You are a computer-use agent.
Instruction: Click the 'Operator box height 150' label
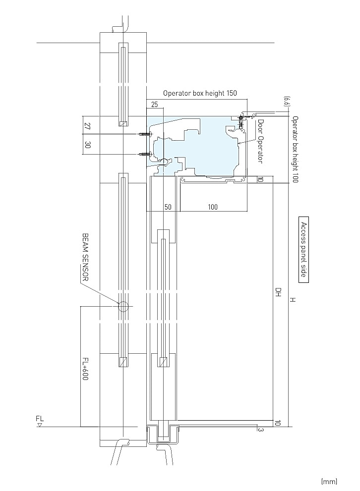click(x=200, y=93)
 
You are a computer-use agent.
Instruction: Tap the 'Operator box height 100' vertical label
click(x=295, y=149)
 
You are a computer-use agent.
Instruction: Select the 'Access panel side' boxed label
click(x=303, y=250)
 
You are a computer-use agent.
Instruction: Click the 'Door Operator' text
click(x=260, y=141)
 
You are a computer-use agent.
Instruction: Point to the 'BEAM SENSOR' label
click(x=85, y=257)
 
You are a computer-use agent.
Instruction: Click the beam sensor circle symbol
click(x=123, y=306)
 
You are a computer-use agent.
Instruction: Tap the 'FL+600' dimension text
click(x=85, y=369)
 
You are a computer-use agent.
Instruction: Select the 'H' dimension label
click(x=293, y=300)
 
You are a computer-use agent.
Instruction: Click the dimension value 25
click(x=155, y=105)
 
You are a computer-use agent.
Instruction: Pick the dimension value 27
click(x=88, y=126)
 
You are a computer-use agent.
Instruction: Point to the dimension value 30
click(x=88, y=145)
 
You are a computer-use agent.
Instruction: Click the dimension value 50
click(x=168, y=207)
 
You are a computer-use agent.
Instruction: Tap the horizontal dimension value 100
click(x=213, y=207)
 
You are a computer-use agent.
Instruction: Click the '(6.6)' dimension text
click(x=286, y=101)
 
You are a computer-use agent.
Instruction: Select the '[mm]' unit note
click(x=329, y=481)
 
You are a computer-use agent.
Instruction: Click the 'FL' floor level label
click(x=40, y=418)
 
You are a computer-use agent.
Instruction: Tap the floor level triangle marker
click(x=40, y=425)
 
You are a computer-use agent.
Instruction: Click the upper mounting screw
click(x=144, y=134)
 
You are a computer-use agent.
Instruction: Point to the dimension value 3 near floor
click(x=260, y=430)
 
